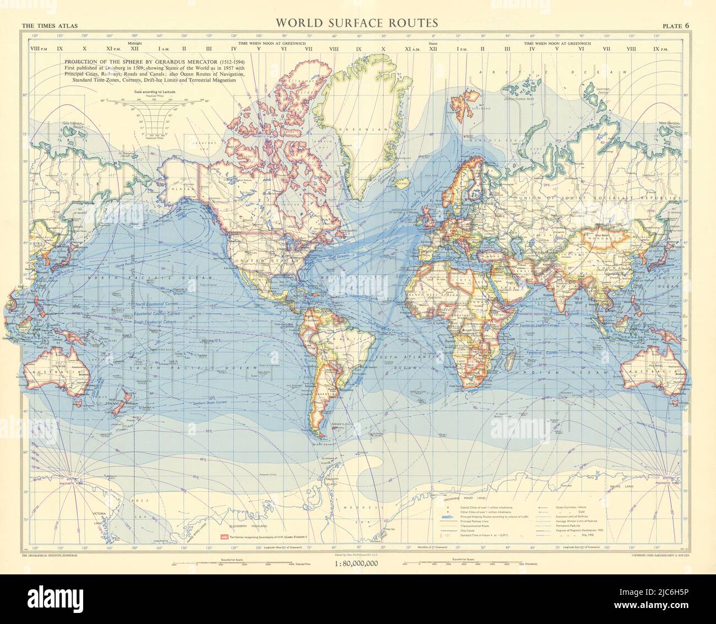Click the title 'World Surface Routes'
tap(357, 23)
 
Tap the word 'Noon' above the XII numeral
tap(432, 42)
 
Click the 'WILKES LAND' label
tap(620, 488)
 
